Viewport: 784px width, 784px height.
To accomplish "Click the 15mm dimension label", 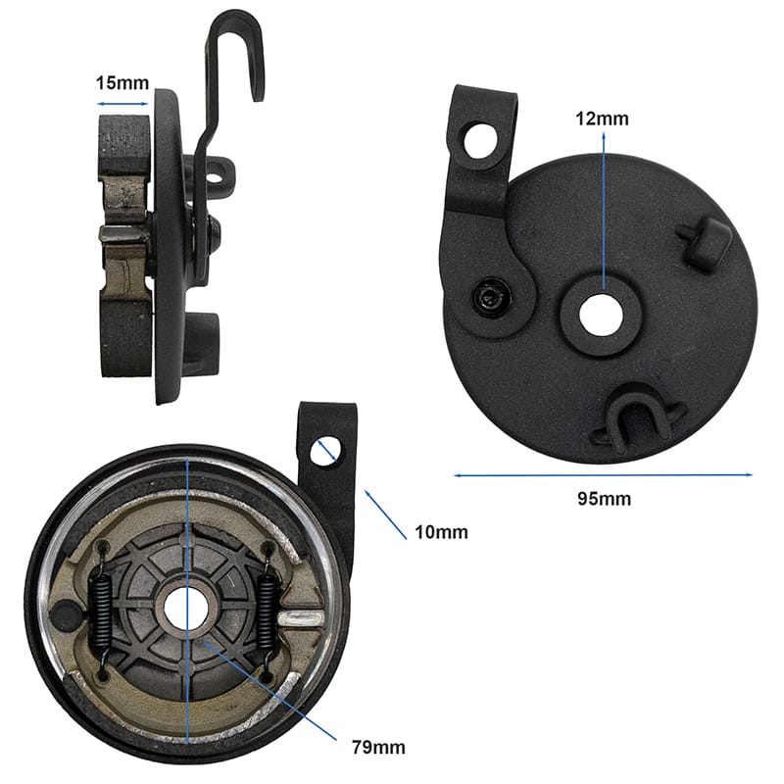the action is pos(122,83).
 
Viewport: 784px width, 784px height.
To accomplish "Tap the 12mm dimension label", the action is pos(602,119).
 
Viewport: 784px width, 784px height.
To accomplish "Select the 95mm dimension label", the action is pos(604,499).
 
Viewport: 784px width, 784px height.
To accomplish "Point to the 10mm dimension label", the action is pos(442,532).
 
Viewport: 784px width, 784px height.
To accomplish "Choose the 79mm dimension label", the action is pos(378,748).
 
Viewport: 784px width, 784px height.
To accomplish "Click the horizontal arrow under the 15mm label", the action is pos(122,104).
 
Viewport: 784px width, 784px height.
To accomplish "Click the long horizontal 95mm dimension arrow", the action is pos(603,475).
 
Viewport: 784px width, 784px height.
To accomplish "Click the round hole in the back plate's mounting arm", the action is pos(482,141).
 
